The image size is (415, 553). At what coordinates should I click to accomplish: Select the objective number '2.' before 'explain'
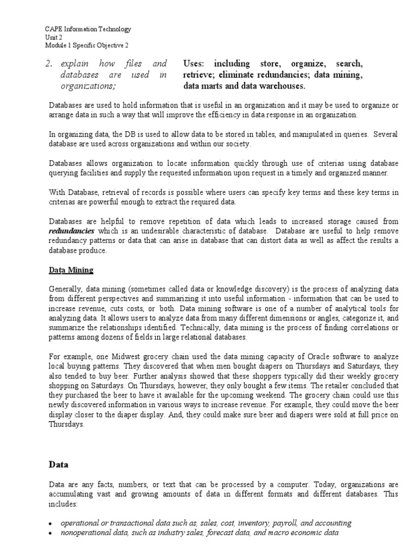tap(50, 64)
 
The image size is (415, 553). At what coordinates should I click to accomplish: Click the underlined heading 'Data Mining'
tap(71, 270)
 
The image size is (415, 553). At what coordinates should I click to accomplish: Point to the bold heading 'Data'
tap(58, 463)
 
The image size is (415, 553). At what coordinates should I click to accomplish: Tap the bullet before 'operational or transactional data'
tap(50, 524)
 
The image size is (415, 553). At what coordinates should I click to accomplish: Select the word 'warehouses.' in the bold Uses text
tap(282, 86)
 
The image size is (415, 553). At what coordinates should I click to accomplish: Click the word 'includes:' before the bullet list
tap(63, 504)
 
